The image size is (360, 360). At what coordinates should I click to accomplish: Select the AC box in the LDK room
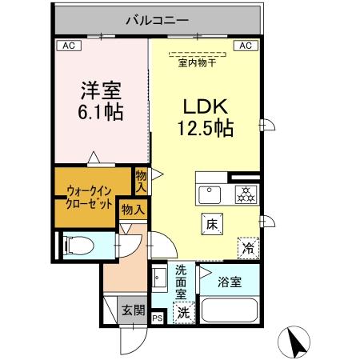pyautogui.click(x=246, y=46)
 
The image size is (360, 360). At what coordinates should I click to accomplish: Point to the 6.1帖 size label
pyautogui.click(x=101, y=112)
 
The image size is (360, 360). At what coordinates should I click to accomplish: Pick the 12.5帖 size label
pyautogui.click(x=206, y=128)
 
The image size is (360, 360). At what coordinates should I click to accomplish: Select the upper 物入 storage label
pyautogui.click(x=141, y=180)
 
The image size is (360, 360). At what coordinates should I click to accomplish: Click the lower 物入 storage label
pyautogui.click(x=133, y=210)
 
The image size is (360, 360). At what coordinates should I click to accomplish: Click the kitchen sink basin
pyautogui.click(x=211, y=194)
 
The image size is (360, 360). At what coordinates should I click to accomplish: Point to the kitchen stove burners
pyautogui.click(x=244, y=194)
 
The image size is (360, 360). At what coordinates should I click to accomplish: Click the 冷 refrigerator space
pyautogui.click(x=248, y=248)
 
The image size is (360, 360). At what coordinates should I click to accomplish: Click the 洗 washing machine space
pyautogui.click(x=183, y=312)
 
